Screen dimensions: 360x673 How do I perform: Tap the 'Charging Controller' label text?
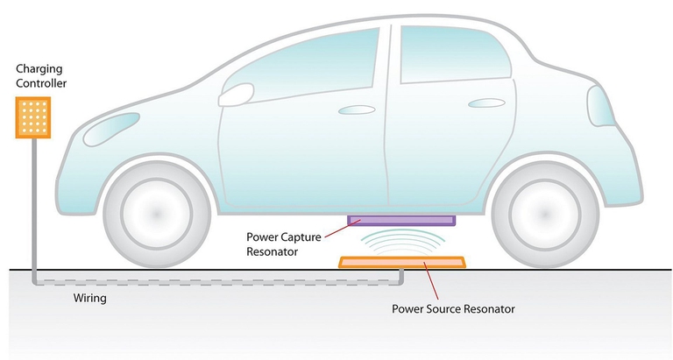pos(35,76)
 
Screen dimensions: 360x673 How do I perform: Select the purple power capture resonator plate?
pos(401,220)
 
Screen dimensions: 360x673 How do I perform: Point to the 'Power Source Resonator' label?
pos(453,308)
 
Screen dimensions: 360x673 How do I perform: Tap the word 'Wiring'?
pos(90,298)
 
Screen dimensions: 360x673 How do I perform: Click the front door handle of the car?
pos(356,110)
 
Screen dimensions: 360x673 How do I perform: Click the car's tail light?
pos(600,106)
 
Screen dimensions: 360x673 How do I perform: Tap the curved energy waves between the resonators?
pos(401,241)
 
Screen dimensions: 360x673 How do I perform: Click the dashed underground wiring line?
pos(219,281)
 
